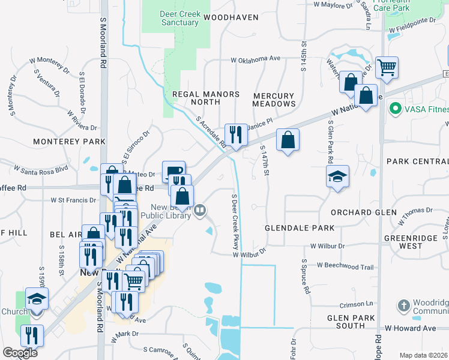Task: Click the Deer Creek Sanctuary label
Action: [x=179, y=18]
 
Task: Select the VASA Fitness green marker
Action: [x=395, y=109]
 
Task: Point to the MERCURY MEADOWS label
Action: [x=274, y=100]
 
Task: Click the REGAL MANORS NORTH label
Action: [x=206, y=98]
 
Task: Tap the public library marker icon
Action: [x=200, y=210]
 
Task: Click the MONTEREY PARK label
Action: [x=69, y=142]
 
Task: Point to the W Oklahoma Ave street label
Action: [x=256, y=59]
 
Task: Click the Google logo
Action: [x=20, y=353]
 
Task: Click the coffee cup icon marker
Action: [x=173, y=171]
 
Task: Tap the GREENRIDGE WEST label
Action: [x=411, y=242]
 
